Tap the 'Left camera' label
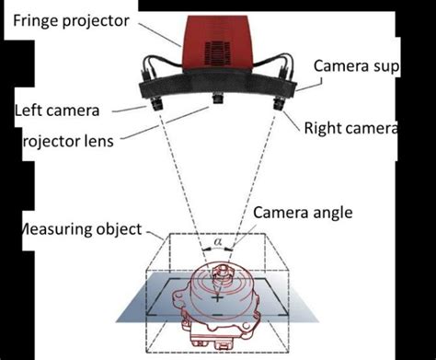click(x=56, y=110)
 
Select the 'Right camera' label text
click(x=350, y=128)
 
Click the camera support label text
click(x=355, y=67)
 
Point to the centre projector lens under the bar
click(x=219, y=99)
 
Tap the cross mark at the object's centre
click(x=217, y=298)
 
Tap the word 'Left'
click(x=29, y=110)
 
